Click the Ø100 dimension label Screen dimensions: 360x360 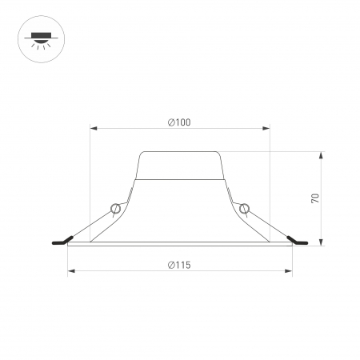click(x=180, y=122)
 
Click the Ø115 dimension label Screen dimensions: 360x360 click(x=180, y=264)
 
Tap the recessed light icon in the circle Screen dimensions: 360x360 click(x=39, y=39)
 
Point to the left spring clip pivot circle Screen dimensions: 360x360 click(x=117, y=209)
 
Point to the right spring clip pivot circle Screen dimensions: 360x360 click(x=244, y=209)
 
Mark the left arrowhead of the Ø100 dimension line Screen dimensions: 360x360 click(x=92, y=128)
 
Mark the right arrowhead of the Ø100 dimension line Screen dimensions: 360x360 click(x=268, y=128)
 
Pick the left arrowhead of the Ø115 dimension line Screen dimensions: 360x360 click(x=70, y=271)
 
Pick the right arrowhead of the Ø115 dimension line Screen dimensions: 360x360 click(x=290, y=271)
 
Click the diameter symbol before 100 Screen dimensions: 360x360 click(x=171, y=122)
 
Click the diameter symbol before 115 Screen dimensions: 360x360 click(x=171, y=264)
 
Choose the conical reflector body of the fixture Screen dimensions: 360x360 click(x=180, y=212)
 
